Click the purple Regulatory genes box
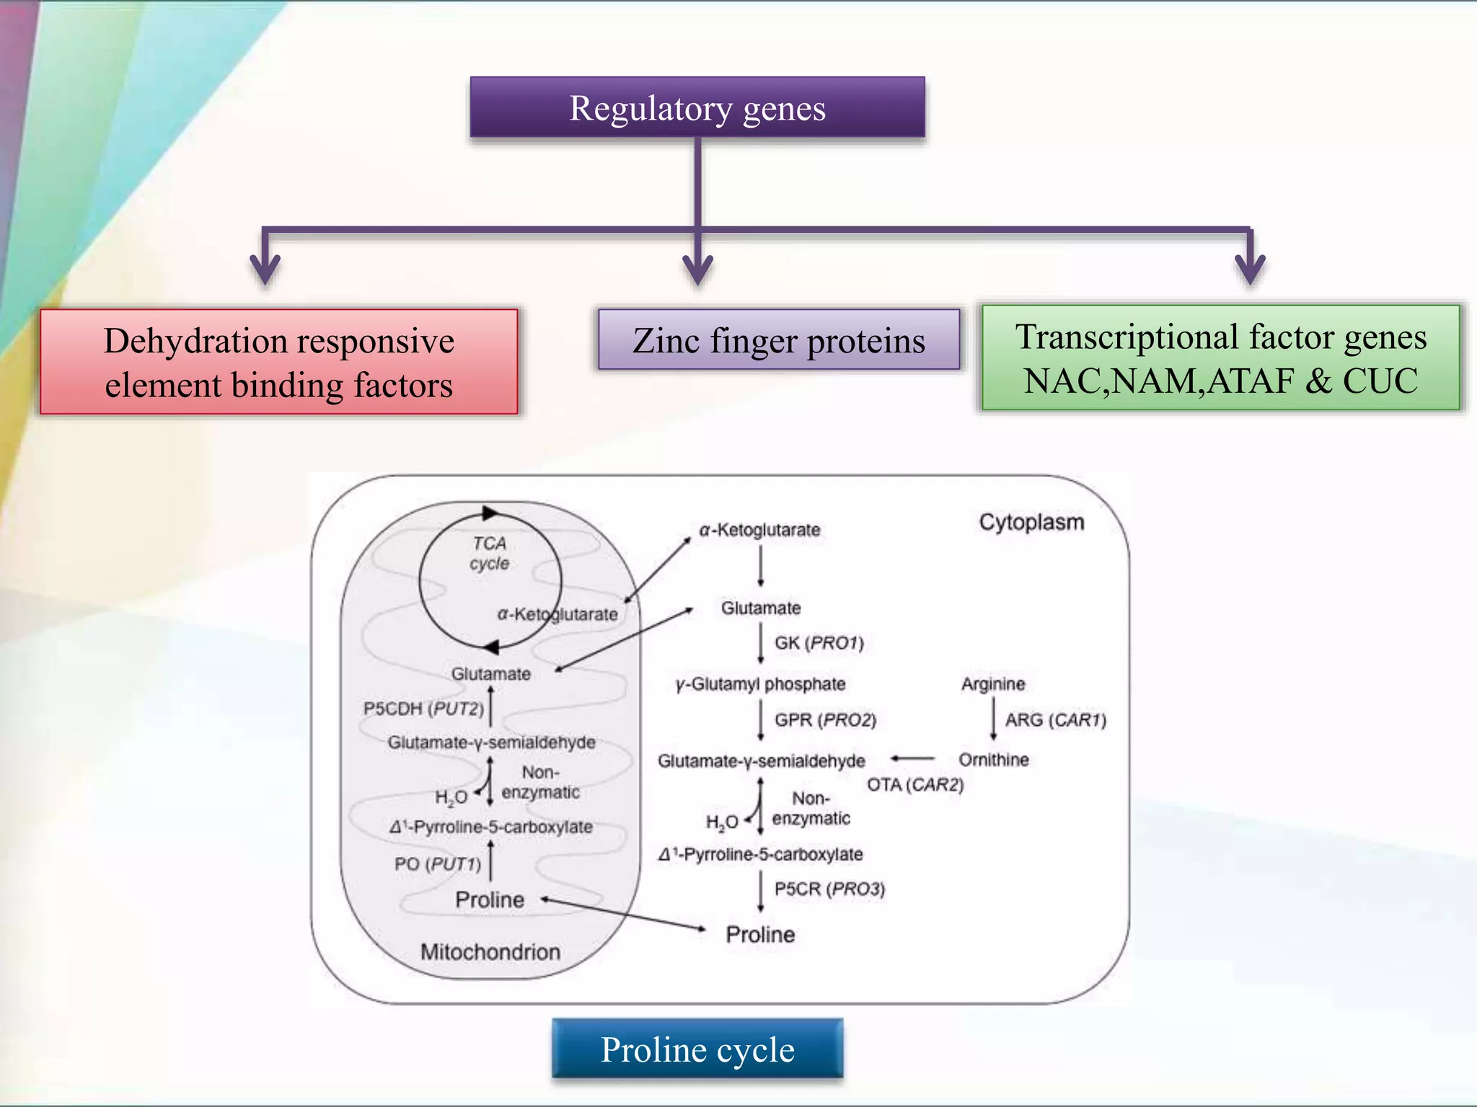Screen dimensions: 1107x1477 point(697,108)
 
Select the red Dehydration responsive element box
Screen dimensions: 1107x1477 point(279,362)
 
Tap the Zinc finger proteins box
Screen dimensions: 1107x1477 point(779,340)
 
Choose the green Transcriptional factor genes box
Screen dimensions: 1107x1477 point(1220,358)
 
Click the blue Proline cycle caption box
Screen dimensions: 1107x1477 point(697,1049)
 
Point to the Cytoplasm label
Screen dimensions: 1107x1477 point(1031,522)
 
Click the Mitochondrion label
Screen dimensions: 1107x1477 point(490,952)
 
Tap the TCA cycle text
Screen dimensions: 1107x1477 point(490,553)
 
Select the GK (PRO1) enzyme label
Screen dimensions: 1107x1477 point(819,643)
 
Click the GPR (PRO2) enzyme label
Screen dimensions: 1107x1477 point(825,720)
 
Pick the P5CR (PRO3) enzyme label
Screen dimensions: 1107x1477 point(829,889)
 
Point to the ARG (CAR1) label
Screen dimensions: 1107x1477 point(1055,720)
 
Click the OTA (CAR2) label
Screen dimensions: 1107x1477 point(915,785)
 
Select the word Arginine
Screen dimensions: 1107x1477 point(992,684)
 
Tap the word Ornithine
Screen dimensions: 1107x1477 point(993,760)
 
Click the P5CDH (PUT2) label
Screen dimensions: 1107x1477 point(423,708)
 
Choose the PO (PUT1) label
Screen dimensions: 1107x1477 point(437,863)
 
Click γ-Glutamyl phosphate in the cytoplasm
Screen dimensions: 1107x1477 point(760,684)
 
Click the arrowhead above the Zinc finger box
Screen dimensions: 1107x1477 point(697,271)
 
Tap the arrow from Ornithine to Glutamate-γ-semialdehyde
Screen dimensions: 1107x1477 point(912,758)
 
